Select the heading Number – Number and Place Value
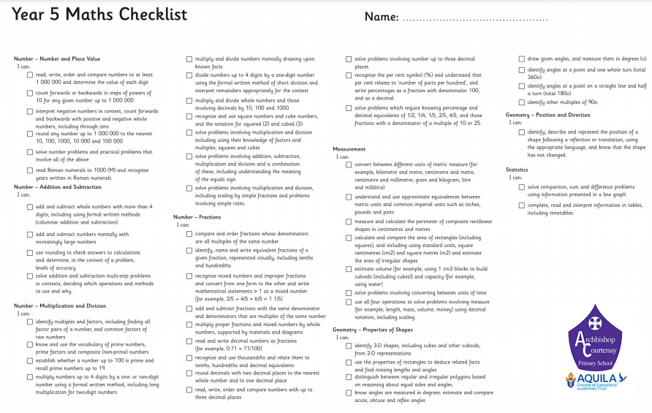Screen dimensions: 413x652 57,58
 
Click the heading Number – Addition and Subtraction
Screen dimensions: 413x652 58,187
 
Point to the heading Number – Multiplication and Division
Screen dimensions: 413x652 60,306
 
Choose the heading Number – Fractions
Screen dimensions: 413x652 198,217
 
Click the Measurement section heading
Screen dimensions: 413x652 349,148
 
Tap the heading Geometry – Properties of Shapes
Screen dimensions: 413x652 373,330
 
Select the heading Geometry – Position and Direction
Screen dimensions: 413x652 548,115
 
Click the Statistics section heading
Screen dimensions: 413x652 517,170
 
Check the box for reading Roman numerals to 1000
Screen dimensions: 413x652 30,170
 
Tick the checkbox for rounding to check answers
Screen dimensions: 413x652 30,252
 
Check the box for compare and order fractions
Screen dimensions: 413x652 189,234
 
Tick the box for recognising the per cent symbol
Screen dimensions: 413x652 349,75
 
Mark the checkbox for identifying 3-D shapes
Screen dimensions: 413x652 349,345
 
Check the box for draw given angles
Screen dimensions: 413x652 521,58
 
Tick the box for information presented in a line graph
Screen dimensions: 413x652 521,187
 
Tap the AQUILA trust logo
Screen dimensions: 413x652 596,379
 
